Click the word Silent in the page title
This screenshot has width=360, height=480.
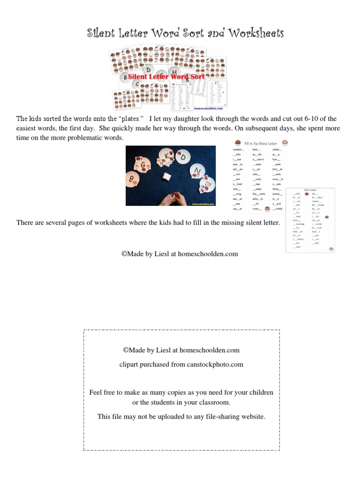102,33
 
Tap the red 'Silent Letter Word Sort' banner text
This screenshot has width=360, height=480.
166,77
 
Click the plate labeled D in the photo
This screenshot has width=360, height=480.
184,157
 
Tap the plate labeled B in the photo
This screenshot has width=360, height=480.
133,179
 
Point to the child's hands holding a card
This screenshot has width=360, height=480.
169,199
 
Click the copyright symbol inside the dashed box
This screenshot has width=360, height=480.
126,350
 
